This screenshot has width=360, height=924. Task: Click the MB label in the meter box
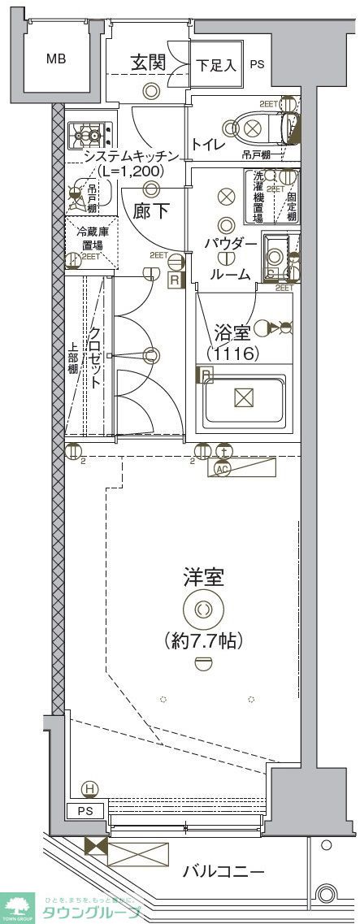click(56, 59)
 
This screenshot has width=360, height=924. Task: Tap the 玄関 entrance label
click(150, 62)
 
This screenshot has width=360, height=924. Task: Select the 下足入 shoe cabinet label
click(217, 64)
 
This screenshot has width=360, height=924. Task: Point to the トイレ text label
click(208, 145)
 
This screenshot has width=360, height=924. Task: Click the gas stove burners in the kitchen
click(85, 133)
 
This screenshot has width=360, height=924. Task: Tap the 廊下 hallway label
click(152, 211)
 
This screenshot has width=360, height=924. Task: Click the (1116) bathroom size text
click(232, 354)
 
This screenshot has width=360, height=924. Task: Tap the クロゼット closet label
click(96, 358)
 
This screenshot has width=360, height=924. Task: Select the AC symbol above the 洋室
click(221, 469)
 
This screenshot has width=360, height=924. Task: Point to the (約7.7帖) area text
click(203, 640)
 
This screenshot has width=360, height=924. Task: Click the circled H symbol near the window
click(89, 788)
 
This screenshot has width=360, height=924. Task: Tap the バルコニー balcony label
click(223, 873)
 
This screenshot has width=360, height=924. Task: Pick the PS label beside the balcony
click(85, 811)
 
